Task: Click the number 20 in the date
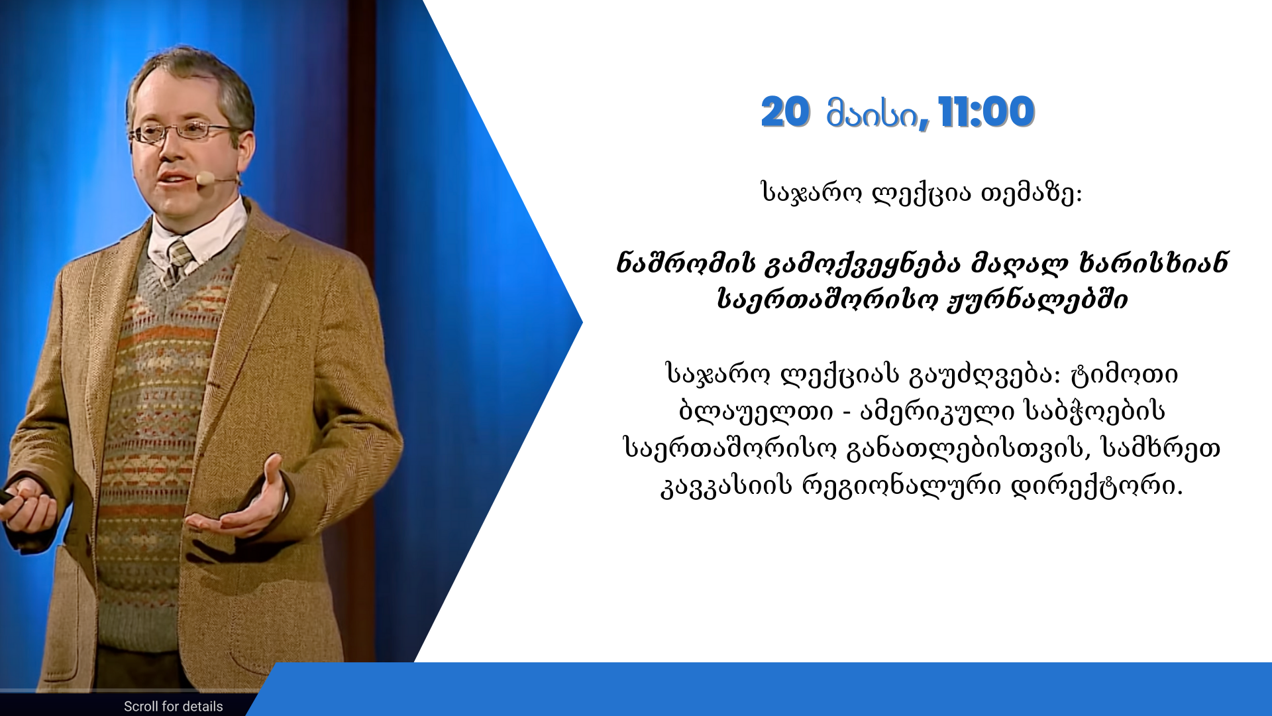point(785,112)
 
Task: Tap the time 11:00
point(986,112)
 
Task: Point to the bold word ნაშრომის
point(685,263)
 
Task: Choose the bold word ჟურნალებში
point(1037,300)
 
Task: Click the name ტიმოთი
point(1124,375)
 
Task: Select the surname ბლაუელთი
point(755,412)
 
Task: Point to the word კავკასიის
point(727,486)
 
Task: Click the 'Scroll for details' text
point(174,706)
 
